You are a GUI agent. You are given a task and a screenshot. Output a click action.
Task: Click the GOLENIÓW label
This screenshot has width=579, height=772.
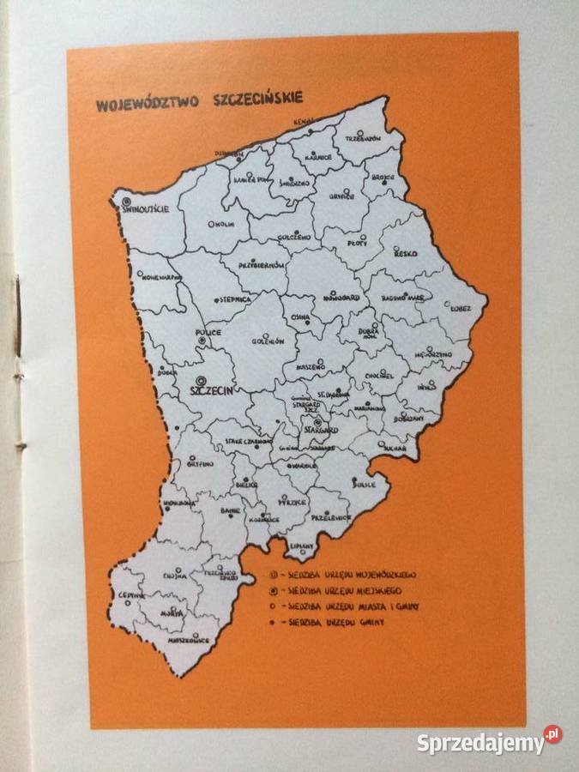[x=267, y=341]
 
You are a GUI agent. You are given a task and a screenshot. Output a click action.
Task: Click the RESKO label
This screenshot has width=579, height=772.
[x=406, y=254]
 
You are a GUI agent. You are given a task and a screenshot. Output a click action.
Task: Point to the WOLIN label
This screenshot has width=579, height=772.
[x=221, y=226]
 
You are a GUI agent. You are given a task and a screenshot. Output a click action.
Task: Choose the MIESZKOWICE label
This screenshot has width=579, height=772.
[x=189, y=639]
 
